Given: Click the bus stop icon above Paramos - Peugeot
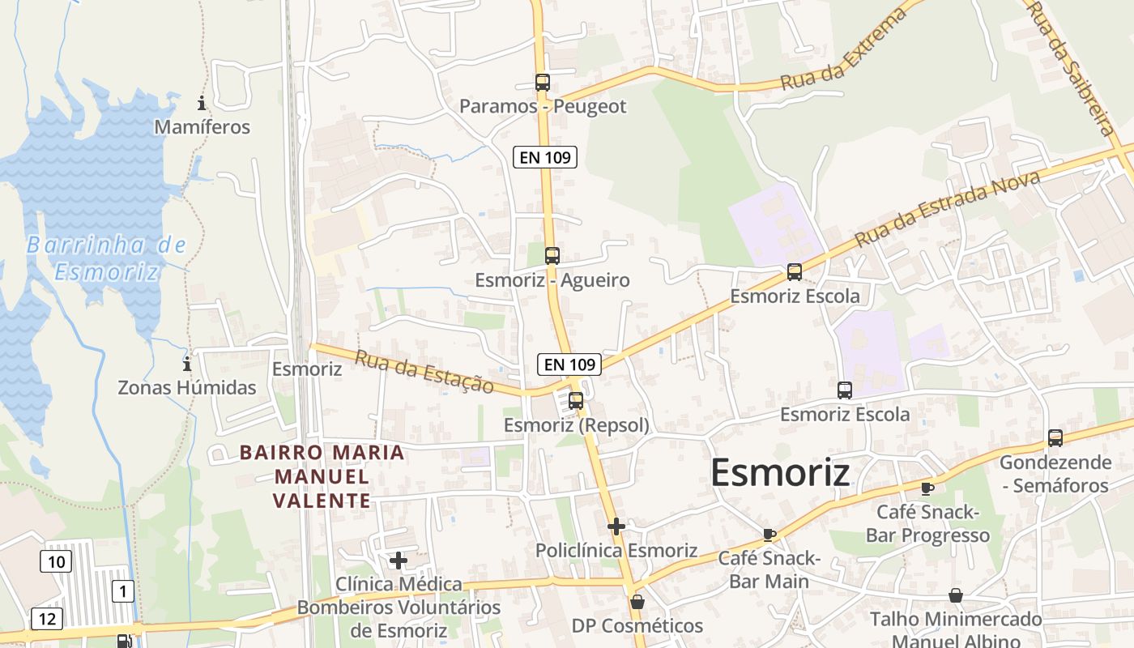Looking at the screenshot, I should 542,82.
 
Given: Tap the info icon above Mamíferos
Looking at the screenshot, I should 201,103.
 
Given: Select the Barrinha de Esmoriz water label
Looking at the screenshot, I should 106,258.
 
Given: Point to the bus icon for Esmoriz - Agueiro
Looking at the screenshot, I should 552,256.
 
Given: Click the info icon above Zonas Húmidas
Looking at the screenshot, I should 187,364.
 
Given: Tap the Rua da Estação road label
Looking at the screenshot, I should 424,372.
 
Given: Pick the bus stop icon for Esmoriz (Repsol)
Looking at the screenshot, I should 575,400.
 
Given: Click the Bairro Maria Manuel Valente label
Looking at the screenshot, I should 322,476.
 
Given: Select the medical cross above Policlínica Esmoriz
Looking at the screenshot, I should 616,526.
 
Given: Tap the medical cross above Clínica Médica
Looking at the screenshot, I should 398,560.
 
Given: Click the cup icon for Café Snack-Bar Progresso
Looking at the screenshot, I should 927,488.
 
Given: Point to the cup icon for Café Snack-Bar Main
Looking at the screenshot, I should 769,535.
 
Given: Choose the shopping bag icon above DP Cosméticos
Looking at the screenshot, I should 637,602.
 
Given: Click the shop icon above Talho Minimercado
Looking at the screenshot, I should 956,595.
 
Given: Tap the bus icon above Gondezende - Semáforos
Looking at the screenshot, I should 1055,438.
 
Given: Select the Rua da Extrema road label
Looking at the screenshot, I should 843,49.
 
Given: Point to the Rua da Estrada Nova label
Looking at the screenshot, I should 947,209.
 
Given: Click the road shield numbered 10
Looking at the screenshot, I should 56,561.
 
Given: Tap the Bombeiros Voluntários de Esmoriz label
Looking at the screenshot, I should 399,619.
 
